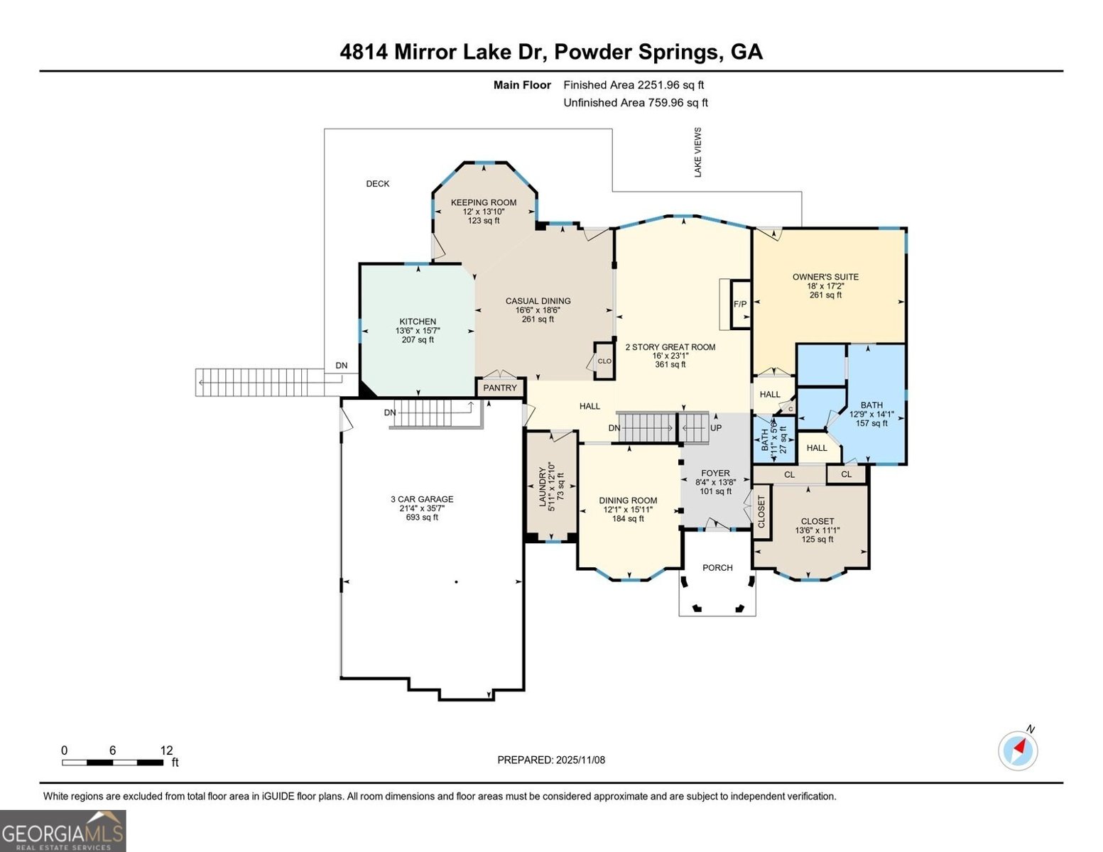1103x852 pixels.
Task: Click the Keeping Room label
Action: [484, 202]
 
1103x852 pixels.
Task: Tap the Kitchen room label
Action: [418, 322]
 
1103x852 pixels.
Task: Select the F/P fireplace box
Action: [740, 304]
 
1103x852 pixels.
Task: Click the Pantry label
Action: [500, 388]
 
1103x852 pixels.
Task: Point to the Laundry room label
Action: [543, 486]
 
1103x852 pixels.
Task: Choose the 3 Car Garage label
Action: [422, 499]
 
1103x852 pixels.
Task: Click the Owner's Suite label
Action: [825, 277]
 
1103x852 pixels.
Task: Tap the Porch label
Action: [717, 567]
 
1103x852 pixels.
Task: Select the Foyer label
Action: [715, 473]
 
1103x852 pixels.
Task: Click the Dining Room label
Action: [628, 500]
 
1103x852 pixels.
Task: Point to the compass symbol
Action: [1018, 750]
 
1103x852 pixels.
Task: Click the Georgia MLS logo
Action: [63, 831]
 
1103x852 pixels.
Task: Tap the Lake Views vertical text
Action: [698, 152]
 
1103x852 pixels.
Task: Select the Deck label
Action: [378, 184]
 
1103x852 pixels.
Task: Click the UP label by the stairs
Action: [716, 428]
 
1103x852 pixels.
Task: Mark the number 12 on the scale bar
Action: [166, 750]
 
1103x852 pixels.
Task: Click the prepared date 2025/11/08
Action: [580, 760]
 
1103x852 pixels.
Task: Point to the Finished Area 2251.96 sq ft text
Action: [634, 84]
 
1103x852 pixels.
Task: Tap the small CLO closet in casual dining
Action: [604, 361]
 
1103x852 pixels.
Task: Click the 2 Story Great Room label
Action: [670, 347]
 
